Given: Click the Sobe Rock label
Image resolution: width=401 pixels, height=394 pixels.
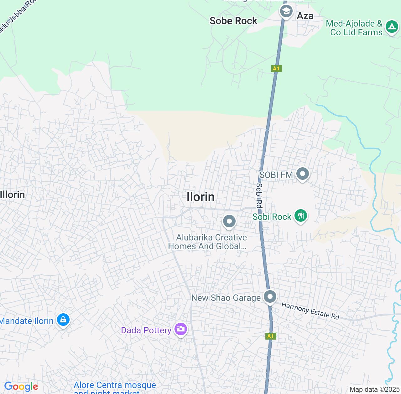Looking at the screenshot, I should (233, 21).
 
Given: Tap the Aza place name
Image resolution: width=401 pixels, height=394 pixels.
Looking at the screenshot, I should (305, 16).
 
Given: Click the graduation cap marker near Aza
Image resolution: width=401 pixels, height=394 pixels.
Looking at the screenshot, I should (286, 12).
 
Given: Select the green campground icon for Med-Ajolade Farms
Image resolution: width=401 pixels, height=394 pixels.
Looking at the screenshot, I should (391, 27).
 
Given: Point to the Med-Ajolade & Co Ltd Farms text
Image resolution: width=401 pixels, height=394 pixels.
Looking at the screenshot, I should (354, 28).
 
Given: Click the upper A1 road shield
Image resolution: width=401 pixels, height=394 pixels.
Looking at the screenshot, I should (276, 68).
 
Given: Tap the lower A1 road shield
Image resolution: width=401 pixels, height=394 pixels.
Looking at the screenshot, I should (270, 336).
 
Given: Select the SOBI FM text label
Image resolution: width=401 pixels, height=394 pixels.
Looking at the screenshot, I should (276, 175).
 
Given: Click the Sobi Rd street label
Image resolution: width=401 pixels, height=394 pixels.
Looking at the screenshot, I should (259, 195).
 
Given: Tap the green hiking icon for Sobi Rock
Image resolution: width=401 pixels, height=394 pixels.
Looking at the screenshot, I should (301, 216).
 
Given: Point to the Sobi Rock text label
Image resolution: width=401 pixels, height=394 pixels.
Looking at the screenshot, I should (272, 217).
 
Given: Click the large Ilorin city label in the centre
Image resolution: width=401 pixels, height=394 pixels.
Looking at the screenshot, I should (200, 197).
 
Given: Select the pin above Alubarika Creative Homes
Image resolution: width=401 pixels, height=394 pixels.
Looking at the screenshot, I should (229, 221).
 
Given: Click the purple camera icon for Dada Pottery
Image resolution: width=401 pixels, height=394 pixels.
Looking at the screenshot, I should (181, 329).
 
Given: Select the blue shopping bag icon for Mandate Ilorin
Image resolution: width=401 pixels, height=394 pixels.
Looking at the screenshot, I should (63, 320).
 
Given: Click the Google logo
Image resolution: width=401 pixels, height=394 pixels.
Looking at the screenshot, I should (21, 387).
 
